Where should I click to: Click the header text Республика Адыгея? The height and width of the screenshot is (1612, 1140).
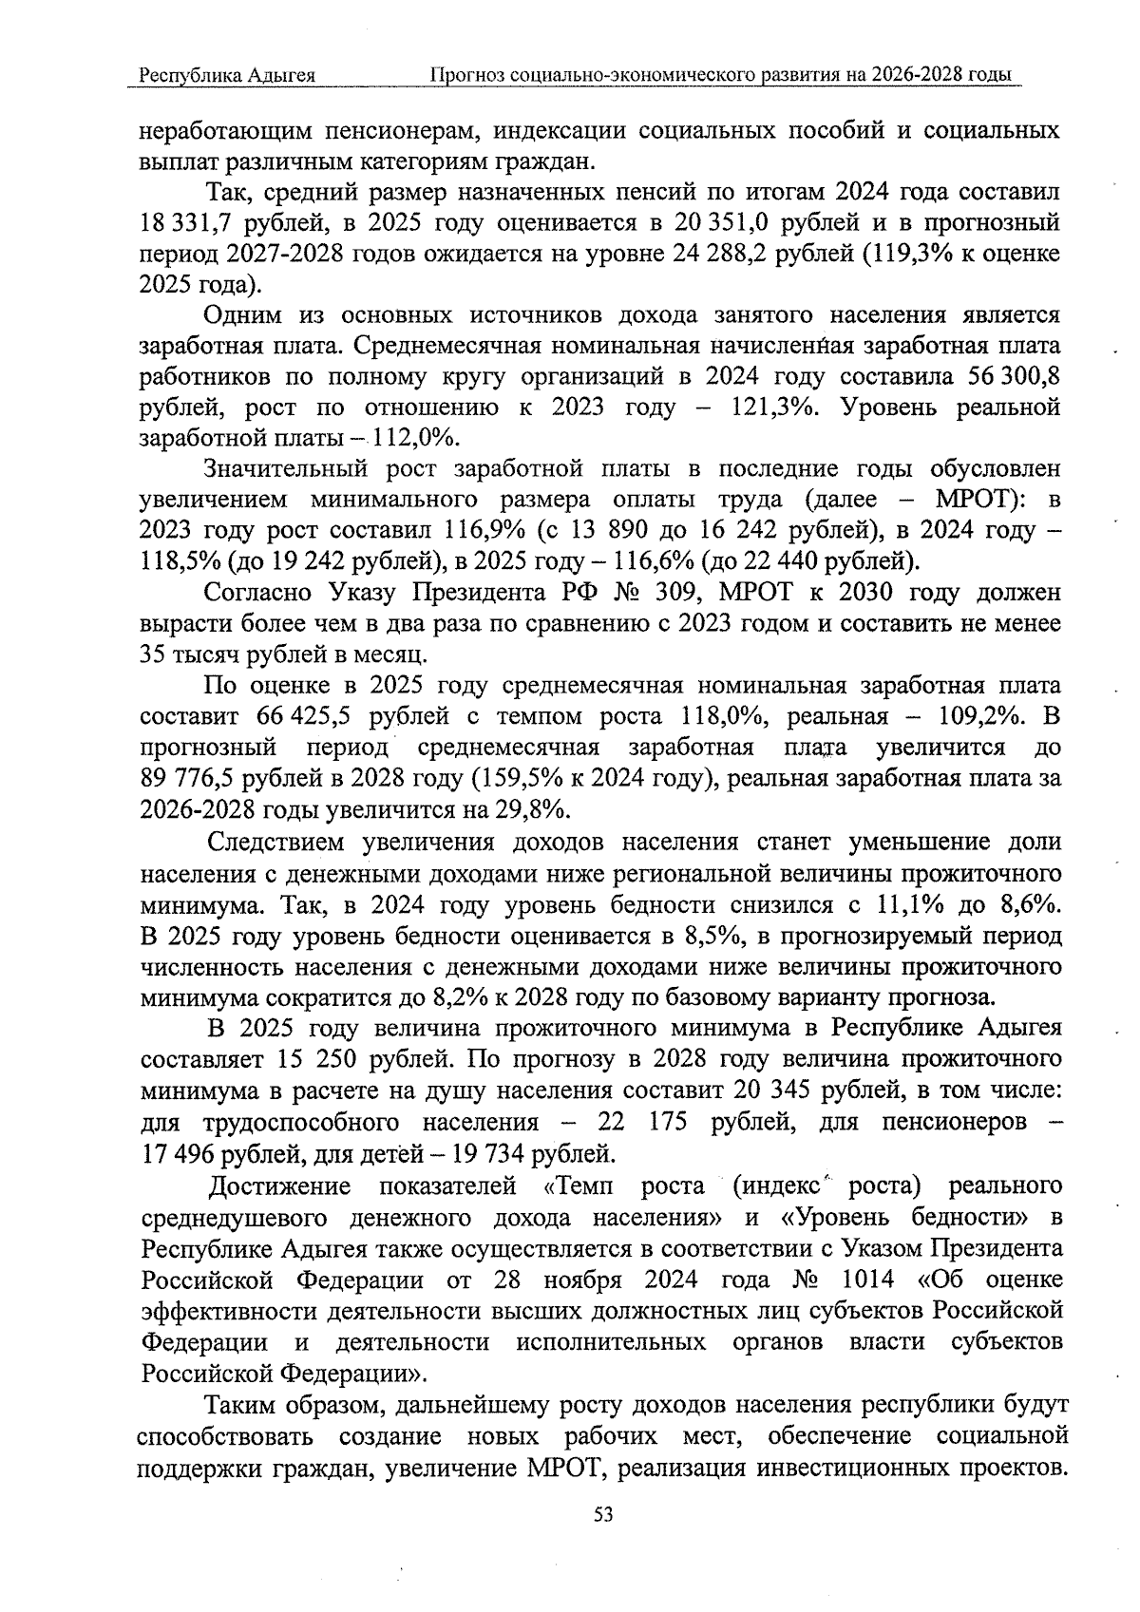[x=226, y=75]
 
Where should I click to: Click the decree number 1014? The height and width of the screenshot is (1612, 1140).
[x=867, y=1279]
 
